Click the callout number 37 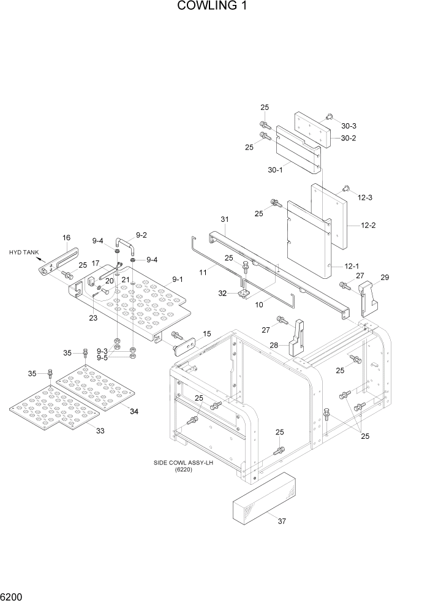(x=282, y=522)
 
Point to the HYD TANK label (x=23, y=252)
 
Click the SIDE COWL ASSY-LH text (x=183, y=463)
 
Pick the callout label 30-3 (x=349, y=126)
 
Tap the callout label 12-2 (x=368, y=226)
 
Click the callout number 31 (x=224, y=219)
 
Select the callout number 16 (x=66, y=237)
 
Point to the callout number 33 (x=100, y=431)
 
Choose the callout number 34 (x=134, y=411)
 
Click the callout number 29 (x=385, y=278)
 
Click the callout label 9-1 (x=178, y=279)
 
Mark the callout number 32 (x=224, y=294)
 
